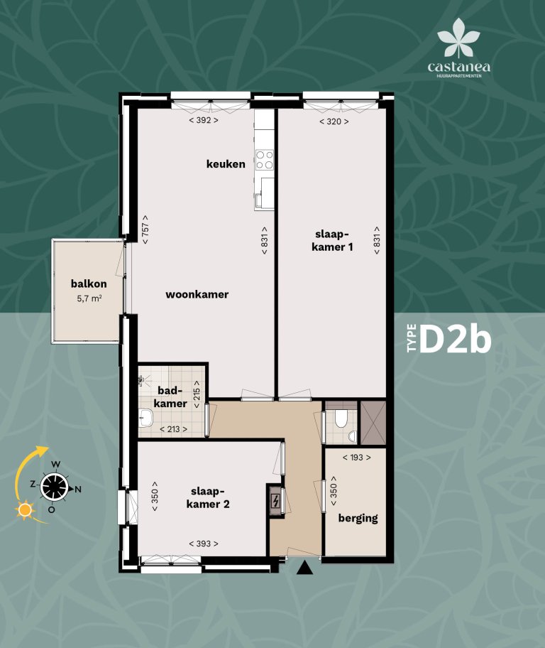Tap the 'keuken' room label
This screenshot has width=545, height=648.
226,164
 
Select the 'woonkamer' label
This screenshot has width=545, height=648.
197,294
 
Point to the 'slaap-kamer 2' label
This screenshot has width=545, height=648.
208,497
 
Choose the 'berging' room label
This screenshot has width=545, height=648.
358,518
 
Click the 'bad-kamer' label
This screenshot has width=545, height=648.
170,397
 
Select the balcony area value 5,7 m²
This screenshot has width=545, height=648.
89,299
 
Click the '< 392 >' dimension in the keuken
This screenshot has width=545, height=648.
204,121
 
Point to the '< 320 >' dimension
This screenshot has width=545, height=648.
334,121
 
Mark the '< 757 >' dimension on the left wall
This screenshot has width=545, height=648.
145,229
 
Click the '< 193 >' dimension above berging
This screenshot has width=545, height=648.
357,458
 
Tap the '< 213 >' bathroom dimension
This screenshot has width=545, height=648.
173,428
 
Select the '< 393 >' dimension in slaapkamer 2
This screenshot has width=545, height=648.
204,544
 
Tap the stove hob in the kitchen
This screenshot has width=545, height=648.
265,159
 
